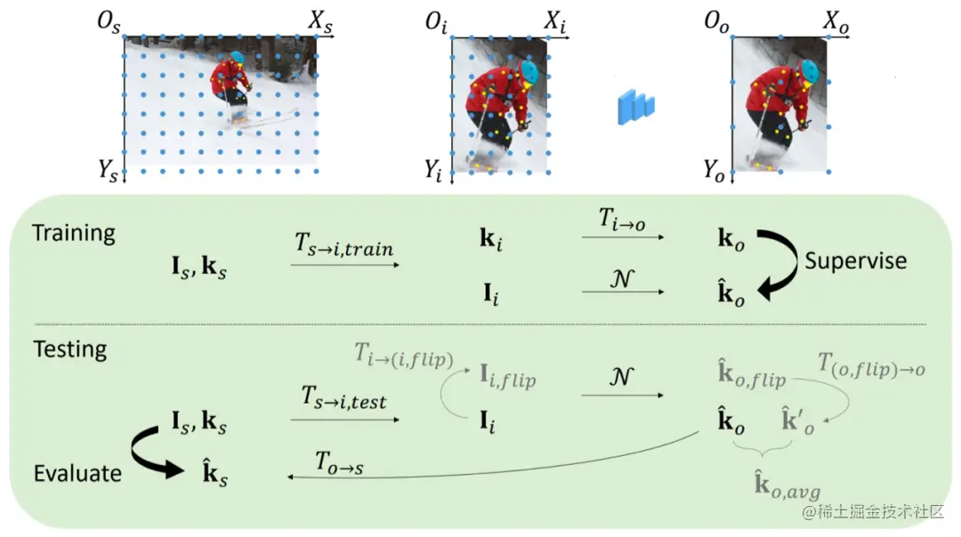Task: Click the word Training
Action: (x=74, y=234)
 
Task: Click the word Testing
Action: (x=69, y=349)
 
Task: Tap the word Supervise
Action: (x=855, y=260)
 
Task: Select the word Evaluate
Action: (x=77, y=473)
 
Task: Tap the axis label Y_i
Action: (x=433, y=168)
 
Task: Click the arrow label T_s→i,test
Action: (x=343, y=401)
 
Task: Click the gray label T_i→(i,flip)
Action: (x=402, y=359)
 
